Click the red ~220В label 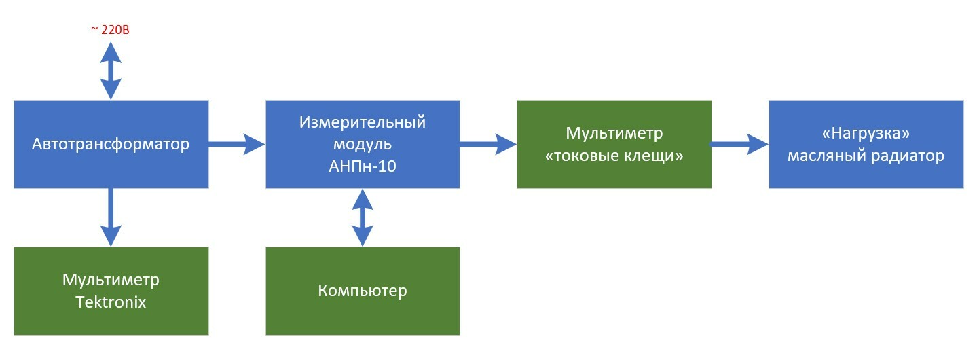pos(109,29)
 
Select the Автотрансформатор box pos(111,144)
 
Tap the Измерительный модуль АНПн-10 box pos(362,144)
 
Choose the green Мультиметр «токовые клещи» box pos(614,144)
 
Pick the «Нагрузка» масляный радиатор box pos(866,144)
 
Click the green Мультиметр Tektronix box pos(111,291)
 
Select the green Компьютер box pos(362,291)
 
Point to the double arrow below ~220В pos(110,70)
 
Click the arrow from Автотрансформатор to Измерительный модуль pos(236,143)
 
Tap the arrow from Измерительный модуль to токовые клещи pos(487,143)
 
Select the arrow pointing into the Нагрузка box pos(739,144)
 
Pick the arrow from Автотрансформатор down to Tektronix pos(110,216)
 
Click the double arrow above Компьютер pos(362,217)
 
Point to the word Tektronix pos(111,302)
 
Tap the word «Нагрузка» pos(865,133)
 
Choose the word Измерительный pos(362,122)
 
